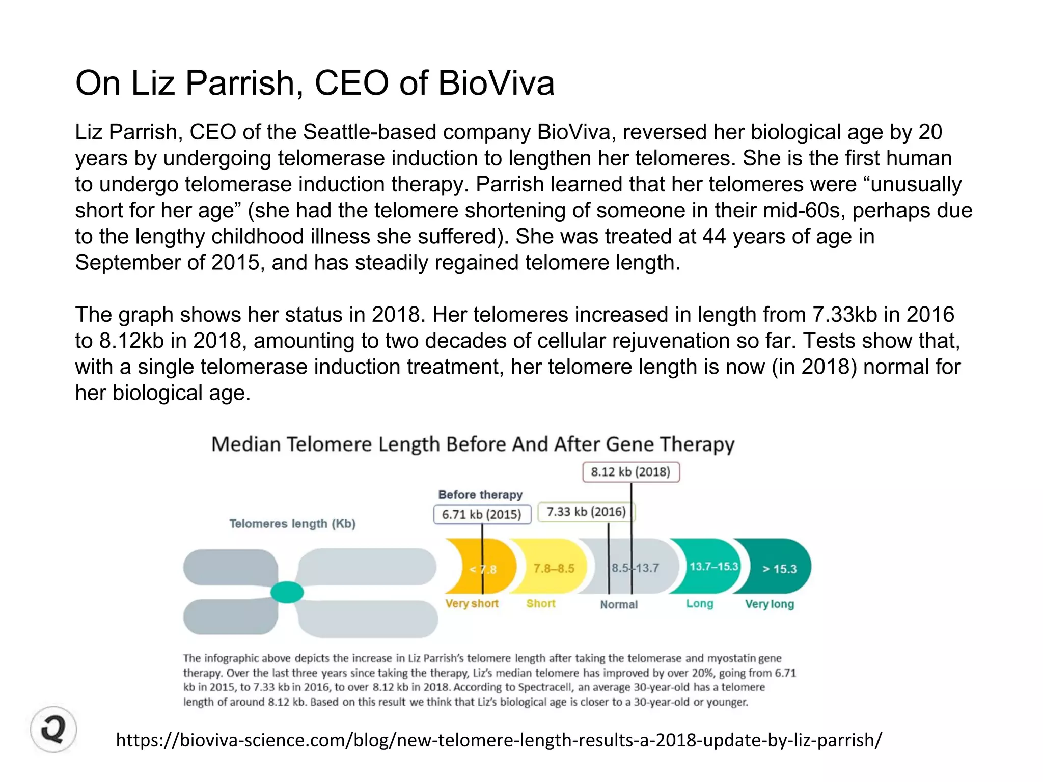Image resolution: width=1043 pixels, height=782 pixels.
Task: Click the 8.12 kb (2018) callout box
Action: point(630,472)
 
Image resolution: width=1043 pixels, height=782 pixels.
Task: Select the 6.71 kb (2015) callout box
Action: point(482,514)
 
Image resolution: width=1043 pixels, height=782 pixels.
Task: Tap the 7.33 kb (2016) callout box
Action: point(586,512)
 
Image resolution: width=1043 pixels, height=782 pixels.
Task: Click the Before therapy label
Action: point(480,495)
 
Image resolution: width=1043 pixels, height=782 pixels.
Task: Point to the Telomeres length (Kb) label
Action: point(292,524)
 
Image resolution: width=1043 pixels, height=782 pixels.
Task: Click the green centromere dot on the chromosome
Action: point(287,592)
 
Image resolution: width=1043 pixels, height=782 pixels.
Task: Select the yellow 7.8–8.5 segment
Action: point(553,568)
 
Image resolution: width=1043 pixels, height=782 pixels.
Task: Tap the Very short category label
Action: point(472,604)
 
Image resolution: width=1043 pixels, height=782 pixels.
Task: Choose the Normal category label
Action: point(618,604)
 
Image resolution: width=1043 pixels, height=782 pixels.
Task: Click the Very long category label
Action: point(769,604)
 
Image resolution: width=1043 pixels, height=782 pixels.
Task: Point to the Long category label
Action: point(699,604)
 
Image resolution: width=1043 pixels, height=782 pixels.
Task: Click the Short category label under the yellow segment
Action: point(540,604)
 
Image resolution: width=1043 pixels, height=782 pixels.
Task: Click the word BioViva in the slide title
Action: point(496,83)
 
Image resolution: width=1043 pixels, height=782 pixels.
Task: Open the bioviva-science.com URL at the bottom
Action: point(499,740)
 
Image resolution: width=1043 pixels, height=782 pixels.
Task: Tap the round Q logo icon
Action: point(53,729)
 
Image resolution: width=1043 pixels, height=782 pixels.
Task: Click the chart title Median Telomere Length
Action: point(473,444)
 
